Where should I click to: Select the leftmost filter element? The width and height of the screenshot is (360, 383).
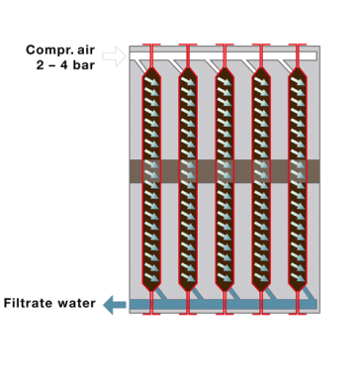click(151, 178)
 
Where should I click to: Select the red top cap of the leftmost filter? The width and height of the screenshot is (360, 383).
click(151, 46)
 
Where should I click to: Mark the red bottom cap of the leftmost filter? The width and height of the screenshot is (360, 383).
click(151, 314)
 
